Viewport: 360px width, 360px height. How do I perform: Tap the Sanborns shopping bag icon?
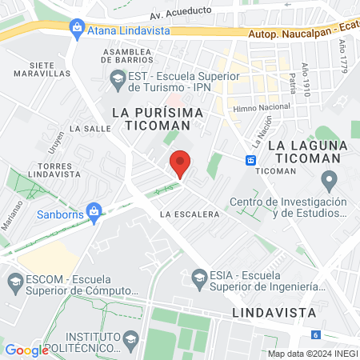coord(94,212)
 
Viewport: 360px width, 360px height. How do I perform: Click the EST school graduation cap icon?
coord(116,78)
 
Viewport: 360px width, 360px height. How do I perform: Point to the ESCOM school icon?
coord(14,281)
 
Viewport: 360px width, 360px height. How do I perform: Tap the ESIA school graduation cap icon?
coord(200,278)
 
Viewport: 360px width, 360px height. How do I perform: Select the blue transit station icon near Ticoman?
coord(251,159)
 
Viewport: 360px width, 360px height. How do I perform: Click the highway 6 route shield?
coord(317,334)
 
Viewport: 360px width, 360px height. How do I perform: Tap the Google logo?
coord(26,350)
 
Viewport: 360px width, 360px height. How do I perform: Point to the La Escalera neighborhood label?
coord(190,214)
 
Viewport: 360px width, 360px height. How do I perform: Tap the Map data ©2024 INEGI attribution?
coord(313,353)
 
